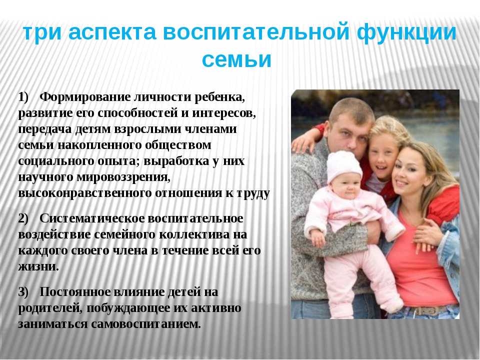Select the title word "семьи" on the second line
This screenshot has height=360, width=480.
[x=236, y=59]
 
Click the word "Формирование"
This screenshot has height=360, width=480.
[x=85, y=97]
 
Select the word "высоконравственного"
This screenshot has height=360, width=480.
[x=85, y=193]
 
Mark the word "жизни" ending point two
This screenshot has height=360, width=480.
[x=38, y=266]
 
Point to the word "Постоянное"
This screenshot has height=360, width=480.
[x=75, y=292]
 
